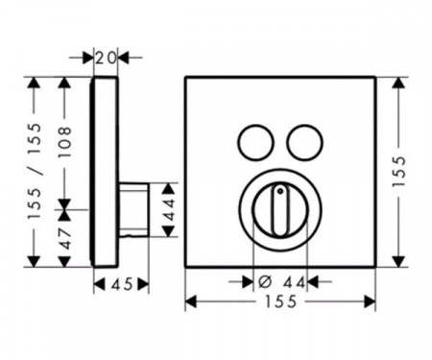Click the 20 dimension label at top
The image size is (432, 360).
(106, 58)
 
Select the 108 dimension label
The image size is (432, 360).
(65, 142)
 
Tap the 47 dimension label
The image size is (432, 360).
(65, 238)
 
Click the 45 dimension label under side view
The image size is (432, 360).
(122, 284)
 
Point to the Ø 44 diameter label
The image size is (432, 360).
(281, 282)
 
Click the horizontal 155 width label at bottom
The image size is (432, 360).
(280, 301)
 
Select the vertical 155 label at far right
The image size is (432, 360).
(398, 171)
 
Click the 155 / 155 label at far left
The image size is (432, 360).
(35, 171)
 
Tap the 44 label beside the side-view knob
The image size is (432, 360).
(169, 209)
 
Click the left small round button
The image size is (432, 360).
(255, 142)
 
